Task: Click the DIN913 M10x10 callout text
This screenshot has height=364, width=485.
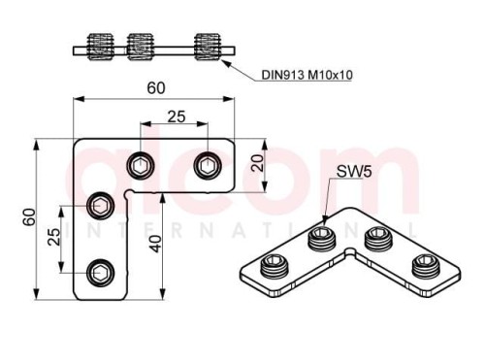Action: pos(307,75)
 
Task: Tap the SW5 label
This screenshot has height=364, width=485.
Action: pos(354,171)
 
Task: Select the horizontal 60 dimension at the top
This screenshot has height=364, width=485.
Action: pos(156,88)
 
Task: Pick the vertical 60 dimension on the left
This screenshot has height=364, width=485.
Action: pos(29,217)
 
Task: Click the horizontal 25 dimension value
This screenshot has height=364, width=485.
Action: pos(177,116)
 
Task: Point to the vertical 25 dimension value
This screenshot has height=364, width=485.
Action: pos(54,237)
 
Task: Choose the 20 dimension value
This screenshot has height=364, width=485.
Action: pos(258,163)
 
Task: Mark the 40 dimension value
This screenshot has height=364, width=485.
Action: pos(155,244)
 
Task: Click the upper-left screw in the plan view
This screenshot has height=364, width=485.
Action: pos(141,166)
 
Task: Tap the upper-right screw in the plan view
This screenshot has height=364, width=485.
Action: pos(208,166)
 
